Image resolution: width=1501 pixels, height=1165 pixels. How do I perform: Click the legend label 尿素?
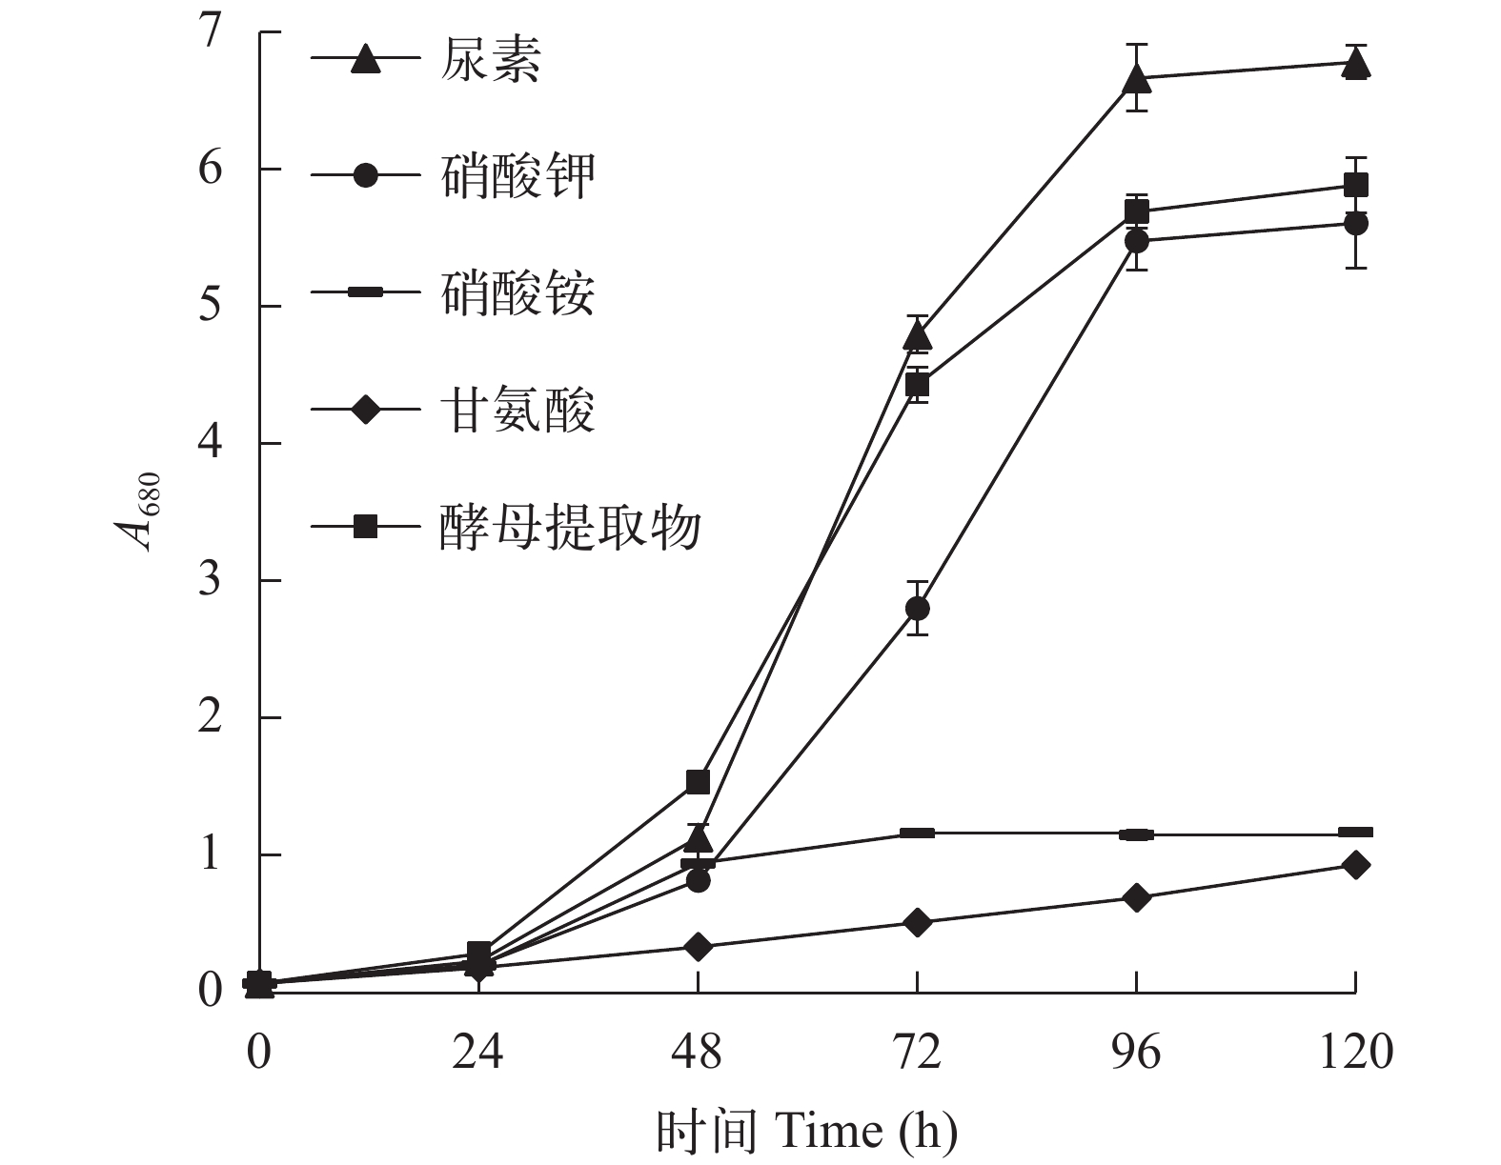click(x=490, y=59)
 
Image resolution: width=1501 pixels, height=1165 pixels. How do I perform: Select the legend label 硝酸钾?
click(x=517, y=175)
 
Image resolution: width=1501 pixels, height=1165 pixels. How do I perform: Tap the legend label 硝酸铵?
click(x=517, y=292)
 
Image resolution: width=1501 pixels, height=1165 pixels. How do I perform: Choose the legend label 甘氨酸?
click(x=517, y=411)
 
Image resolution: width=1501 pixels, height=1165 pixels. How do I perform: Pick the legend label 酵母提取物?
click(x=570, y=527)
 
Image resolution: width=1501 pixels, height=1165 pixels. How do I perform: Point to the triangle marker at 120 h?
click(x=1355, y=64)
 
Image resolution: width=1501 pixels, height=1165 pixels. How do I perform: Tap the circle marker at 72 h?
click(x=917, y=608)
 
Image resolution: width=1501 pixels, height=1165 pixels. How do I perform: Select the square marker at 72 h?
click(x=917, y=385)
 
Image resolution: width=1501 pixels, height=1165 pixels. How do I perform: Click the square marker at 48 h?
click(x=698, y=781)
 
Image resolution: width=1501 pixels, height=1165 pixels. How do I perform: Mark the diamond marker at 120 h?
click(x=1355, y=865)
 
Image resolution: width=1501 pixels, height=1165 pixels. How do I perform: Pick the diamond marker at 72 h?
click(x=917, y=922)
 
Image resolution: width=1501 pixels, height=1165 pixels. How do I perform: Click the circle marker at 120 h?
click(x=1355, y=224)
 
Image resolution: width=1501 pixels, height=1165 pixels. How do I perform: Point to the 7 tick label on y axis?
click(x=210, y=32)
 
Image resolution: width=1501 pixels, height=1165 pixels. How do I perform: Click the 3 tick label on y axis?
click(x=210, y=580)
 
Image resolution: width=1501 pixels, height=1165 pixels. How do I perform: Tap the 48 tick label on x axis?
click(x=698, y=1053)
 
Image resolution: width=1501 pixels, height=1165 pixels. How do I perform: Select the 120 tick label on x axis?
click(x=1355, y=1053)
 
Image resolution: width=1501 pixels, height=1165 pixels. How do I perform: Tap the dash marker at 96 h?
click(x=1136, y=834)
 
